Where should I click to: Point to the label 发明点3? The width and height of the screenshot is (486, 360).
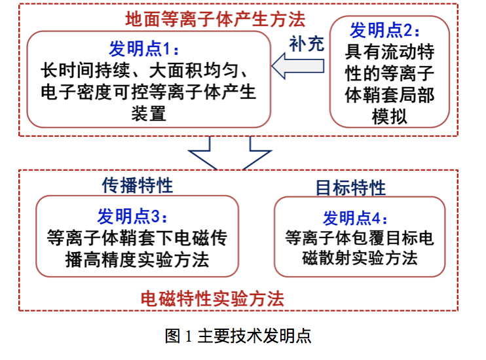coord(138,217)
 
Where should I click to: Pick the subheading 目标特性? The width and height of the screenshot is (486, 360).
coord(350,188)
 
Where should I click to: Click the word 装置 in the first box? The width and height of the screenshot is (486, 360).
coord(148,113)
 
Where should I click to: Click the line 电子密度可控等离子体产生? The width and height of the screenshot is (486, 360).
coord(148,91)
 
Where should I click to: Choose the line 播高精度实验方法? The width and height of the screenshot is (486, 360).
coord(138,260)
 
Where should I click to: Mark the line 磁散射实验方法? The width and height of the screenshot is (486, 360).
coord(359,259)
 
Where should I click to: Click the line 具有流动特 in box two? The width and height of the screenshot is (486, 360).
coord(389,52)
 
